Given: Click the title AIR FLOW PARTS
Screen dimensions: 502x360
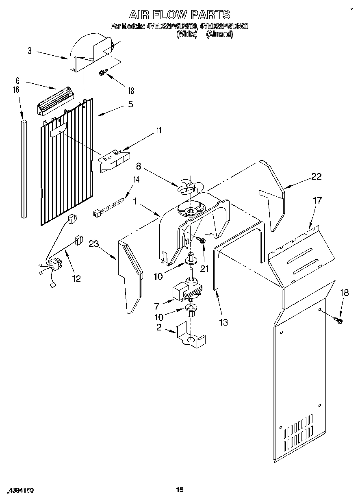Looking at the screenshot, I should pos(180,15).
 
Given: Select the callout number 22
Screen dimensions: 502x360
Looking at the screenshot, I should pos(316,176).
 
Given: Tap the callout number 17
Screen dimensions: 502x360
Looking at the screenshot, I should pos(317,200).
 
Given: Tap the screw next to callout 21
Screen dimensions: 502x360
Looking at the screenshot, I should pos(202,241).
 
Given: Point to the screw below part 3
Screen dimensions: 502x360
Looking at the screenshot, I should pos(103,73).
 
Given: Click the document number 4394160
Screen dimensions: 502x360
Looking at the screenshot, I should pos(20,491).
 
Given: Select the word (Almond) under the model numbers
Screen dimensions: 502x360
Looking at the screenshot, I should pos(219,35).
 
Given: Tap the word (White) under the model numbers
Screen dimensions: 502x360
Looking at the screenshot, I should pos(187,35).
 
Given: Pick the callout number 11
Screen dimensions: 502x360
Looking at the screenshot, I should pos(159,130).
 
